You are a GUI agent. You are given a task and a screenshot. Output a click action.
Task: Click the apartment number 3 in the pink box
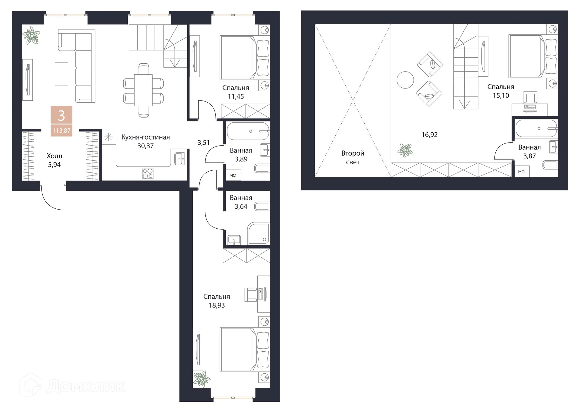61,115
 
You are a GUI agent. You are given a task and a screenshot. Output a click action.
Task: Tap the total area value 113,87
61,131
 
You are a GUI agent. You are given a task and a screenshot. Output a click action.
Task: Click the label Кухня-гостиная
145,137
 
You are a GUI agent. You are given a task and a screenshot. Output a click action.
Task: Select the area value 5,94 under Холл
54,165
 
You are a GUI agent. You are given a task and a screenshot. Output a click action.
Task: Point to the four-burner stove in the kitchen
148,174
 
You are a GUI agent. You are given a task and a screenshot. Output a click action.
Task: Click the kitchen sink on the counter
179,157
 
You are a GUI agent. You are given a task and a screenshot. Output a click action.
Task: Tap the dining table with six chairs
143,90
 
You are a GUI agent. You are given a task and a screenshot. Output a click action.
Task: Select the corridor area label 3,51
204,143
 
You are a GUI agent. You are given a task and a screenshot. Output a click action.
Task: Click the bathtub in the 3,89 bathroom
248,131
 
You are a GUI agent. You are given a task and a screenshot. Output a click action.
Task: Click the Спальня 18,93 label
217,301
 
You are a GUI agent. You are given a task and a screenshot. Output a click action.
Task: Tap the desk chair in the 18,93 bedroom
251,295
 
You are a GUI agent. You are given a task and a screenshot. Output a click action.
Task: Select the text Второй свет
353,158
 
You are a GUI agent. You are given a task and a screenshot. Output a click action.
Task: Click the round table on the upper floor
405,80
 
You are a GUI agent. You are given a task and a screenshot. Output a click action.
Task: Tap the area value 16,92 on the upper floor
429,135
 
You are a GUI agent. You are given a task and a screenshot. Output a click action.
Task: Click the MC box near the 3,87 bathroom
521,172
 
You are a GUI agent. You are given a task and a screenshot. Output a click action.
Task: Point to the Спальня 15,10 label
501,91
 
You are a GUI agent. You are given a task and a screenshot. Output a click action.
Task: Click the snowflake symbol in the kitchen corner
108,137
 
